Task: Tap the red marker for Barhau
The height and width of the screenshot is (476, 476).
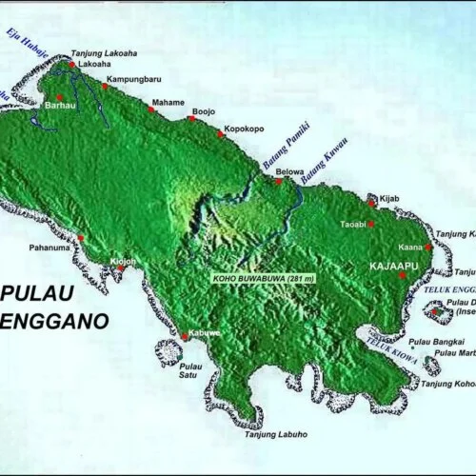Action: (60, 97)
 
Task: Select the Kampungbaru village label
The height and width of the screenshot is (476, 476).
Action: (132, 77)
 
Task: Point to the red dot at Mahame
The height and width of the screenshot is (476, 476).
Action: (150, 109)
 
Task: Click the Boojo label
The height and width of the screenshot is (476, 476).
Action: (204, 111)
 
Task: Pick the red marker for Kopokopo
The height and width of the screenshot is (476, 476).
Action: (221, 134)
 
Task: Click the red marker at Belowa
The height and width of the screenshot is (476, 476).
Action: (278, 181)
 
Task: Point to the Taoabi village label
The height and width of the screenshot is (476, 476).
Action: (351, 225)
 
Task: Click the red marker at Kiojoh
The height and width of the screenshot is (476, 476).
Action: (120, 268)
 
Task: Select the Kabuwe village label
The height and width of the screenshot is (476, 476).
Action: (205, 332)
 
